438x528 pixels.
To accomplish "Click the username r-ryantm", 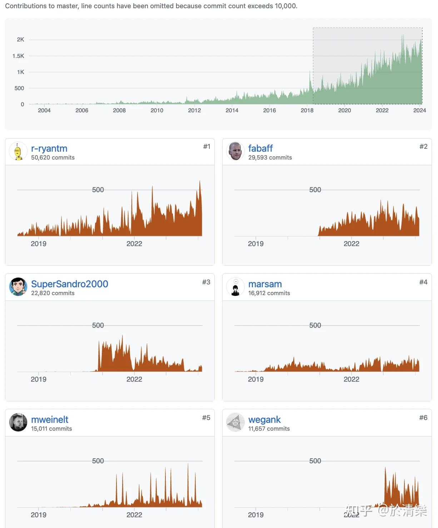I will pos(49,148).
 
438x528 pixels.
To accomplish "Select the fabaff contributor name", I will pos(260,148).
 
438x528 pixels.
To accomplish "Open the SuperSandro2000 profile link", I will pos(69,284).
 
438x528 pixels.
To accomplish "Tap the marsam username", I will pos(265,284).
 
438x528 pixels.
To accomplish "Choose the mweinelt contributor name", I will pos(50,420).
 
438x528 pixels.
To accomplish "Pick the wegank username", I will pos(264,420).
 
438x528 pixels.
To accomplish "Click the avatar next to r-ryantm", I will pos(18,152).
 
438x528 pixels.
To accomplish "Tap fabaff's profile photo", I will pos(235,152).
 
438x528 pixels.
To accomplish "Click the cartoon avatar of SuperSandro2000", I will pos(18,287).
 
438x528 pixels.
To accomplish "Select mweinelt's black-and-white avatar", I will pos(18,422).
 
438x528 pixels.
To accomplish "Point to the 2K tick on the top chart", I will pos(20,40).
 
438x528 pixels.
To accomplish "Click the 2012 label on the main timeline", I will pos(194,111).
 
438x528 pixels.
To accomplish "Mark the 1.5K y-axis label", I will pos(18,56).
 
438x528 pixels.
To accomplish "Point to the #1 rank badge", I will pos(206,147).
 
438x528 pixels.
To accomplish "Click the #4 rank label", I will pos(423,282).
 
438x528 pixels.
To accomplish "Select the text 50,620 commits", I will pos(53,158).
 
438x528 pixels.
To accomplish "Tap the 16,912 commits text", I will pos(269,293).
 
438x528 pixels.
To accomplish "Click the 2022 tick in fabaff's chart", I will pos(351,244).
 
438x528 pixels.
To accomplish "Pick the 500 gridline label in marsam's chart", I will pos(315,326).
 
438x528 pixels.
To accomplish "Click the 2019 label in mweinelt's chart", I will pos(39,515).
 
